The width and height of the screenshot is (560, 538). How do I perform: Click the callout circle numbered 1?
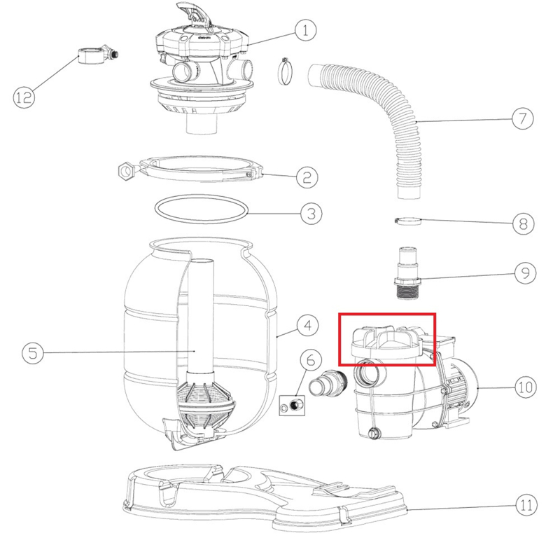(x=305, y=30)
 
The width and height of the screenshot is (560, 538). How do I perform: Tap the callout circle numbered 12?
(x=24, y=97)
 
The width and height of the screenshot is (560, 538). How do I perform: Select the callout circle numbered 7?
(x=522, y=118)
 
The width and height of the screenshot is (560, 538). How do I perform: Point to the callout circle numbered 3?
(x=311, y=214)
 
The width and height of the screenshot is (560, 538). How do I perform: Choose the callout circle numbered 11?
(x=526, y=505)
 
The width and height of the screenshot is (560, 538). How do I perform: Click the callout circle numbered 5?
(x=33, y=353)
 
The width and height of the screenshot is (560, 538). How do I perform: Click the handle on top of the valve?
(x=194, y=13)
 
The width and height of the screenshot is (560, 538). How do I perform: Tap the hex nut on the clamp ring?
(x=126, y=171)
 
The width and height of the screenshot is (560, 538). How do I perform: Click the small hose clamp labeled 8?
(x=408, y=221)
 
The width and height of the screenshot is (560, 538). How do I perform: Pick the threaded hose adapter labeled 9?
(x=407, y=272)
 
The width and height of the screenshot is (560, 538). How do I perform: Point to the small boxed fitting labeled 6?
(x=292, y=406)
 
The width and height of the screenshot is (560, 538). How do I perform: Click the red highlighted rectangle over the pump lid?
(x=387, y=340)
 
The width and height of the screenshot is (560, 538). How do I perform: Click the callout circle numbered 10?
(x=526, y=387)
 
